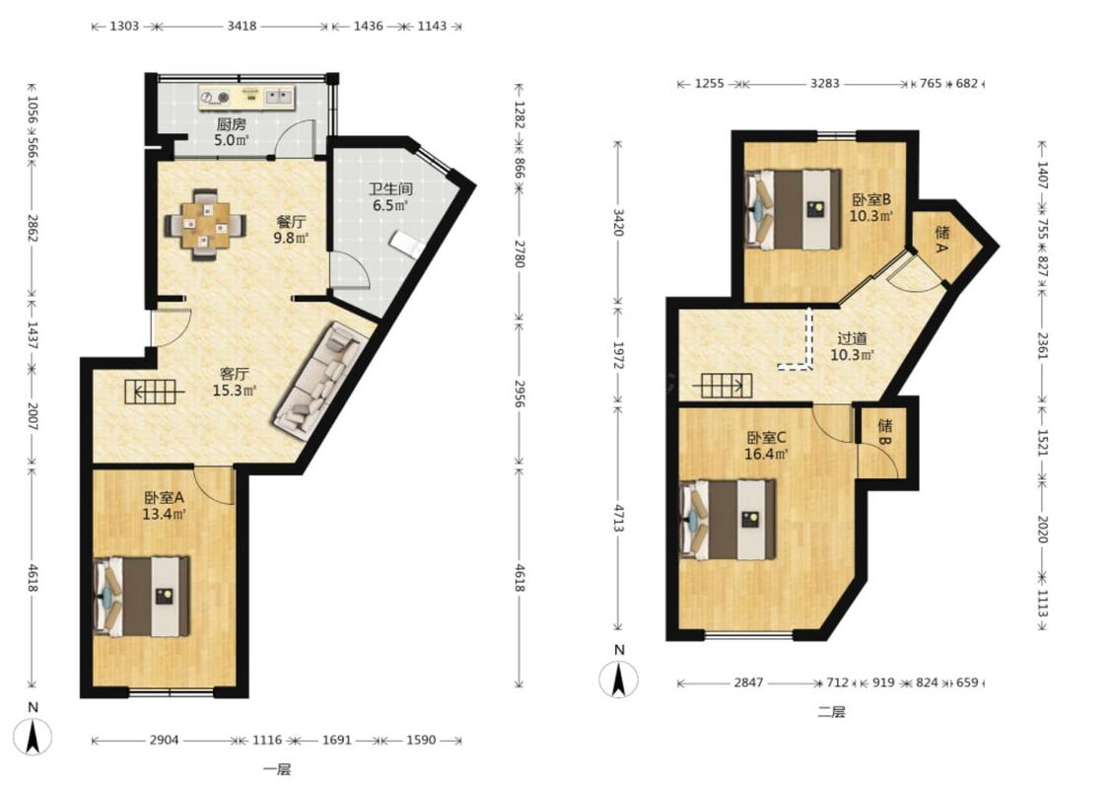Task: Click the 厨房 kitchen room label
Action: (x=232, y=124)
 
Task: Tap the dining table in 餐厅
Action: (x=205, y=224)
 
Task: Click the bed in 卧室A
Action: (x=141, y=596)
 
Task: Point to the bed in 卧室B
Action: (x=793, y=209)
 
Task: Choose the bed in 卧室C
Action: (x=728, y=520)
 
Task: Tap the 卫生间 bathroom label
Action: (x=390, y=189)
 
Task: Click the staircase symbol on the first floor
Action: (x=154, y=392)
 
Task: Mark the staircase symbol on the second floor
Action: (x=723, y=386)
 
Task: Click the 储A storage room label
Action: (x=942, y=240)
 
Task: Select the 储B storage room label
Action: (x=885, y=432)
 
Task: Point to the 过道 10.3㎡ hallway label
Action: (x=853, y=347)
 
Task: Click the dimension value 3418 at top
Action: (x=242, y=27)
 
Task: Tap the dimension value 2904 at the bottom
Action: (x=164, y=740)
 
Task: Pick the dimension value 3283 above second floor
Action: (x=825, y=84)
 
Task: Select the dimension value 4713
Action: (x=618, y=518)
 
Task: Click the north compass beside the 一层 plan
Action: (x=33, y=736)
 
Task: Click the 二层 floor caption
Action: (x=831, y=713)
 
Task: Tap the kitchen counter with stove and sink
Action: (x=246, y=98)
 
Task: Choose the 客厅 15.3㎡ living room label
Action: (x=234, y=382)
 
